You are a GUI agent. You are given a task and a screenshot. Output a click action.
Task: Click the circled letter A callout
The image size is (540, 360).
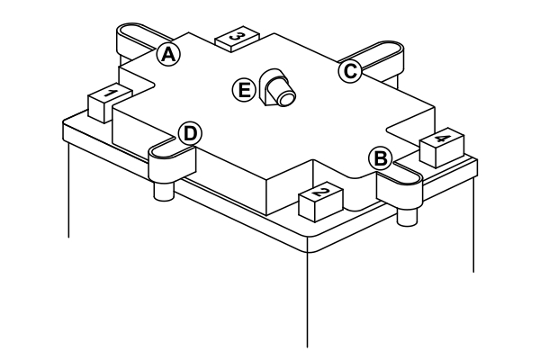point(167,54)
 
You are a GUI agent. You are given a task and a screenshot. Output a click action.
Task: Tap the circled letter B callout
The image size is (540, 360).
point(381,158)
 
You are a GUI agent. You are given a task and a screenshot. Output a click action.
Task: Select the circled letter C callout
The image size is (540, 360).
point(349,72)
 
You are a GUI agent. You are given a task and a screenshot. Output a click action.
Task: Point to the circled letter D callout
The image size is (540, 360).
point(189,133)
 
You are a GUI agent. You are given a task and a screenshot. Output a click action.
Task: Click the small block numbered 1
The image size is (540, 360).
point(106,102)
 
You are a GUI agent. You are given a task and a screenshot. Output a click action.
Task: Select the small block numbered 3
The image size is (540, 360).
point(238,38)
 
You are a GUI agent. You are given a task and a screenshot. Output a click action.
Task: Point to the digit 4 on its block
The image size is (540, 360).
point(441,139)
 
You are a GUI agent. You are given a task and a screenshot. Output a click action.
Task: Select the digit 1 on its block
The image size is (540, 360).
point(106,94)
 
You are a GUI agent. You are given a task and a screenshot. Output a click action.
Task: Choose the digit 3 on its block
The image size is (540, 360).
point(238,34)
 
